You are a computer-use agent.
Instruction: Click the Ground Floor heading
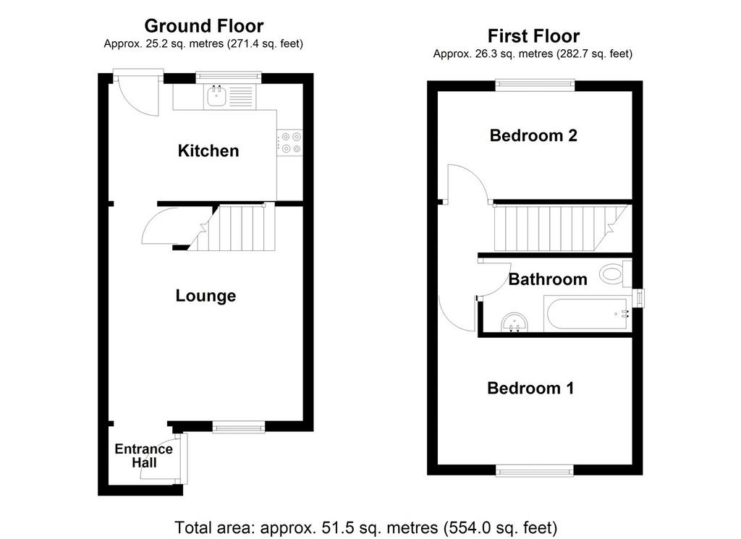pos(203,25)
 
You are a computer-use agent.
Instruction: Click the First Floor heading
pos(533,36)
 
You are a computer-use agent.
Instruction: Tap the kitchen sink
pos(217,97)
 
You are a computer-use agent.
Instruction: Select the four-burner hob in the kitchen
pos(289,143)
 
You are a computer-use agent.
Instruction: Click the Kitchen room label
pos(208,150)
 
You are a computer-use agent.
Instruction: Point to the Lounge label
pos(206,296)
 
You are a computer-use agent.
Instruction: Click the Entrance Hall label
pos(144,455)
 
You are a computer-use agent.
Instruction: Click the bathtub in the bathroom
pos(588,314)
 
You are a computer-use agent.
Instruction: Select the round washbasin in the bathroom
pos(515,323)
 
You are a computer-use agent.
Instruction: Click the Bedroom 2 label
pos(533,135)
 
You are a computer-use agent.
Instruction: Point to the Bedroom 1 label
pos(530,389)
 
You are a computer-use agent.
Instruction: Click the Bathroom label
pos(548,279)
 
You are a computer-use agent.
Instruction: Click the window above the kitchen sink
pos(229,75)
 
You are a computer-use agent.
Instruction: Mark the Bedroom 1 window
pos(535,470)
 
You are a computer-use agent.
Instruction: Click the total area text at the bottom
pos(365,527)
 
